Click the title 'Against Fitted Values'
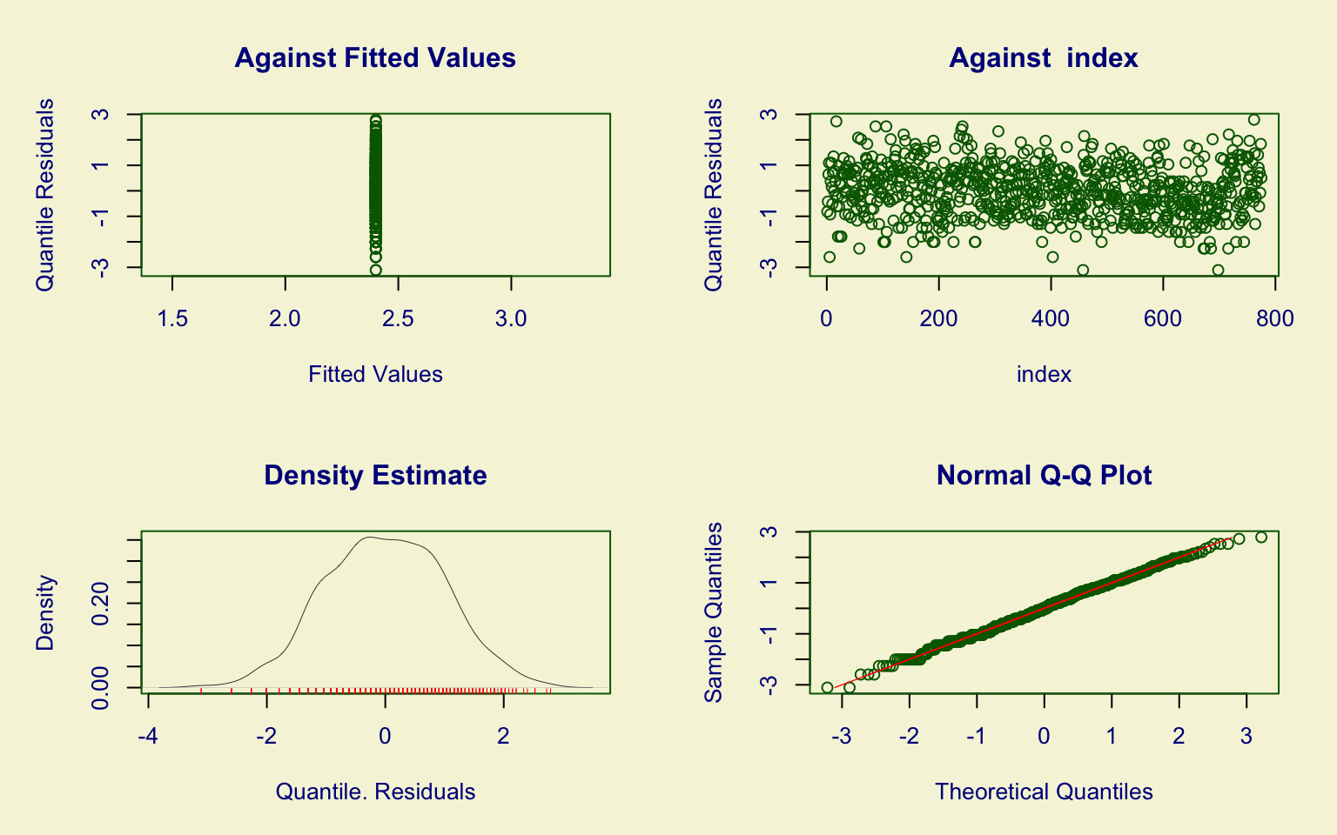(375, 58)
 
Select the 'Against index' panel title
(1044, 58)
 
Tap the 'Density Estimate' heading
(375, 476)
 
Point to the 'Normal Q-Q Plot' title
(1044, 476)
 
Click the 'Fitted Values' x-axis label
(375, 374)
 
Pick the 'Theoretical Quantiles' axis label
(1044, 792)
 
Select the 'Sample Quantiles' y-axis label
(714, 612)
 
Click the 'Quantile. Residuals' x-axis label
(375, 792)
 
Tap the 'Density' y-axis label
(45, 612)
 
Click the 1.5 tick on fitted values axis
(172, 319)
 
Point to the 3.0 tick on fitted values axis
(511, 319)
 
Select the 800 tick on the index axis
(1275, 319)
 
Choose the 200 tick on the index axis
(938, 319)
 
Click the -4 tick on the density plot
(148, 737)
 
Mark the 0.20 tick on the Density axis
(101, 604)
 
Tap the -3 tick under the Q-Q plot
(842, 737)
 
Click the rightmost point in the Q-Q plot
(1261, 537)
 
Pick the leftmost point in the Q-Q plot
(827, 687)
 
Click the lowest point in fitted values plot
(375, 270)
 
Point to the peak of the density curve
(369, 537)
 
